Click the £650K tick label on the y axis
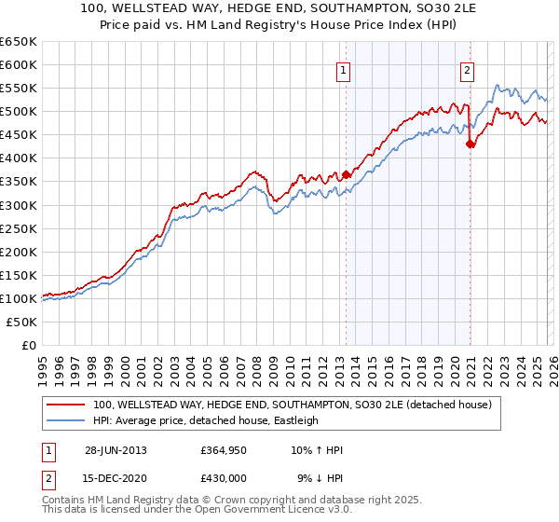[x=19, y=42]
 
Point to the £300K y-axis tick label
[x=19, y=205]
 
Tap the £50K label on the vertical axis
[x=22, y=322]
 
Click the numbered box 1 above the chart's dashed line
[x=344, y=69]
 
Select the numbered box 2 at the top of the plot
[x=467, y=69]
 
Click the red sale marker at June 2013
[x=346, y=174]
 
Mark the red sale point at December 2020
[x=470, y=144]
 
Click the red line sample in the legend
[x=65, y=405]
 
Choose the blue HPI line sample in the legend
[x=65, y=420]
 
